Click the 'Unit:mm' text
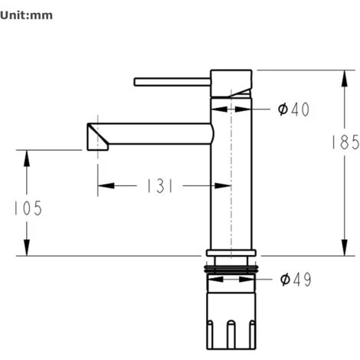[27, 15]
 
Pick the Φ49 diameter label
[295, 279]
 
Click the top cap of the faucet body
[231, 83]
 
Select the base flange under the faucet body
[231, 253]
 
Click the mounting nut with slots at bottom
[231, 322]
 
